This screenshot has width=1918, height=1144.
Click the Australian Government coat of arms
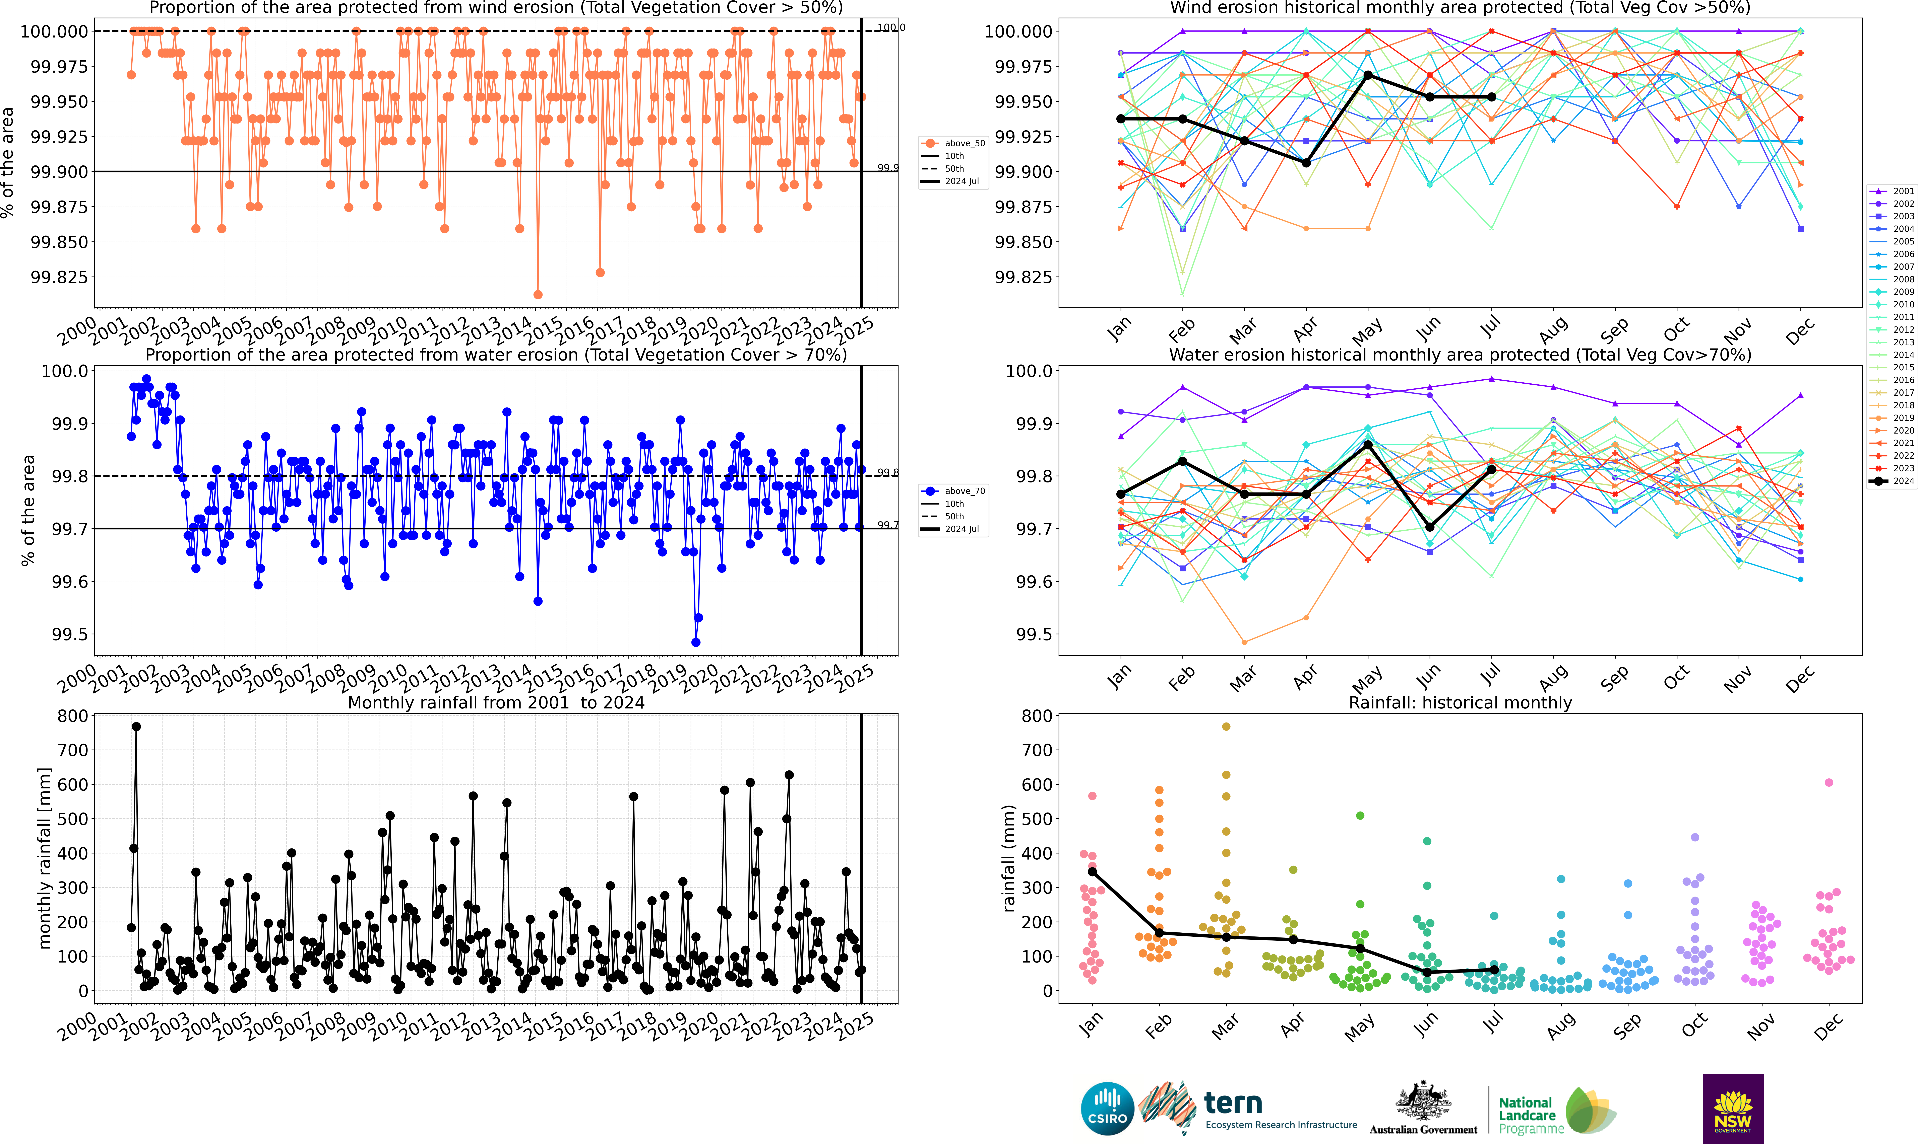[x=1423, y=1102]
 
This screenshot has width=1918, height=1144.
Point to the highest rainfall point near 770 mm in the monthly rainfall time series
[x=136, y=726]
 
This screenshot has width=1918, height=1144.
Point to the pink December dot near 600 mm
[x=1829, y=782]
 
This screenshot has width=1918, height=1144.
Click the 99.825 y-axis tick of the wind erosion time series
[x=59, y=277]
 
